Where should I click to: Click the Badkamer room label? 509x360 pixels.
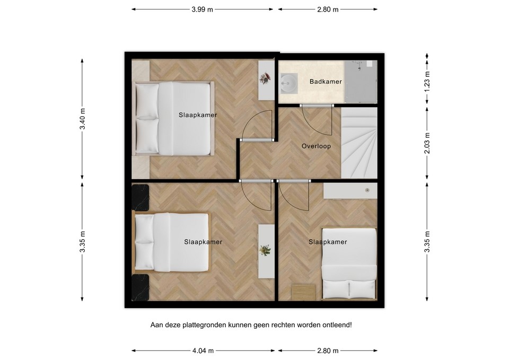326,82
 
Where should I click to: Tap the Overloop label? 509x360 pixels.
316,146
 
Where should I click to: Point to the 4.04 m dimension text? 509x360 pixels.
204,350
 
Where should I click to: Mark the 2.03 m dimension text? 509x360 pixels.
427,144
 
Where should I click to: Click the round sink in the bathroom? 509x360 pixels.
288,82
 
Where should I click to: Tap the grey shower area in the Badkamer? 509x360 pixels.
361,82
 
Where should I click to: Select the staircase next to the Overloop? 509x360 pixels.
359,143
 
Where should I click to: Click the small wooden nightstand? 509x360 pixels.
304,292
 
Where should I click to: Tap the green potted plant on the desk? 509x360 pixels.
265,250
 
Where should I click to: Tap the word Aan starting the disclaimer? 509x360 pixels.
157,324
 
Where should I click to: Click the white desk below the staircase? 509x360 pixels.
350,190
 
